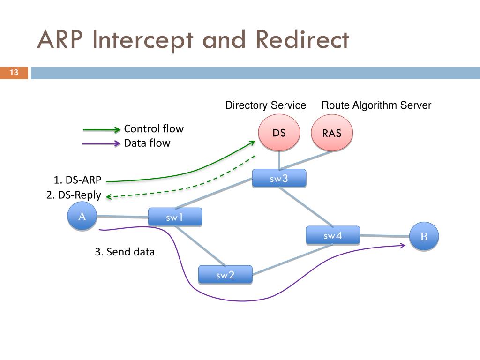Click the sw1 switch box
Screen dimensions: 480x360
[175, 217]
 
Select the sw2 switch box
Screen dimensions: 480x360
[225, 275]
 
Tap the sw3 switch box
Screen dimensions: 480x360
[279, 178]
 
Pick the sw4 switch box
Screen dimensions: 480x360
[333, 235]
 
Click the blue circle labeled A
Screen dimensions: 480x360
[82, 216]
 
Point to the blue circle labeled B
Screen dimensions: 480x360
[424, 236]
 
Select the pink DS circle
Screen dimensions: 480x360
[279, 133]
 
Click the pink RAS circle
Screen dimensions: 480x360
[332, 133]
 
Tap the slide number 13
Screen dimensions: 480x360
[14, 73]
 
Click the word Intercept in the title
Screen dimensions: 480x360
[142, 40]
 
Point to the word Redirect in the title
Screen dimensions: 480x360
[302, 39]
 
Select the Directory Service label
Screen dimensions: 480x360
[266, 105]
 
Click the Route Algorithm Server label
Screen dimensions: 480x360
[376, 105]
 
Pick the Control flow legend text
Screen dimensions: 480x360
[154, 128]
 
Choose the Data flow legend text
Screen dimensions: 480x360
[147, 143]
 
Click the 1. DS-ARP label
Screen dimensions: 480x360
[77, 180]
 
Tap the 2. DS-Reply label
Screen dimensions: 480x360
[74, 195]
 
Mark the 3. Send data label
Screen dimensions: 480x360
[125, 252]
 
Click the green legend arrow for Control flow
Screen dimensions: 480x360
[102, 130]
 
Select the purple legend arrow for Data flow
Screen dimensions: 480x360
[101, 143]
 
